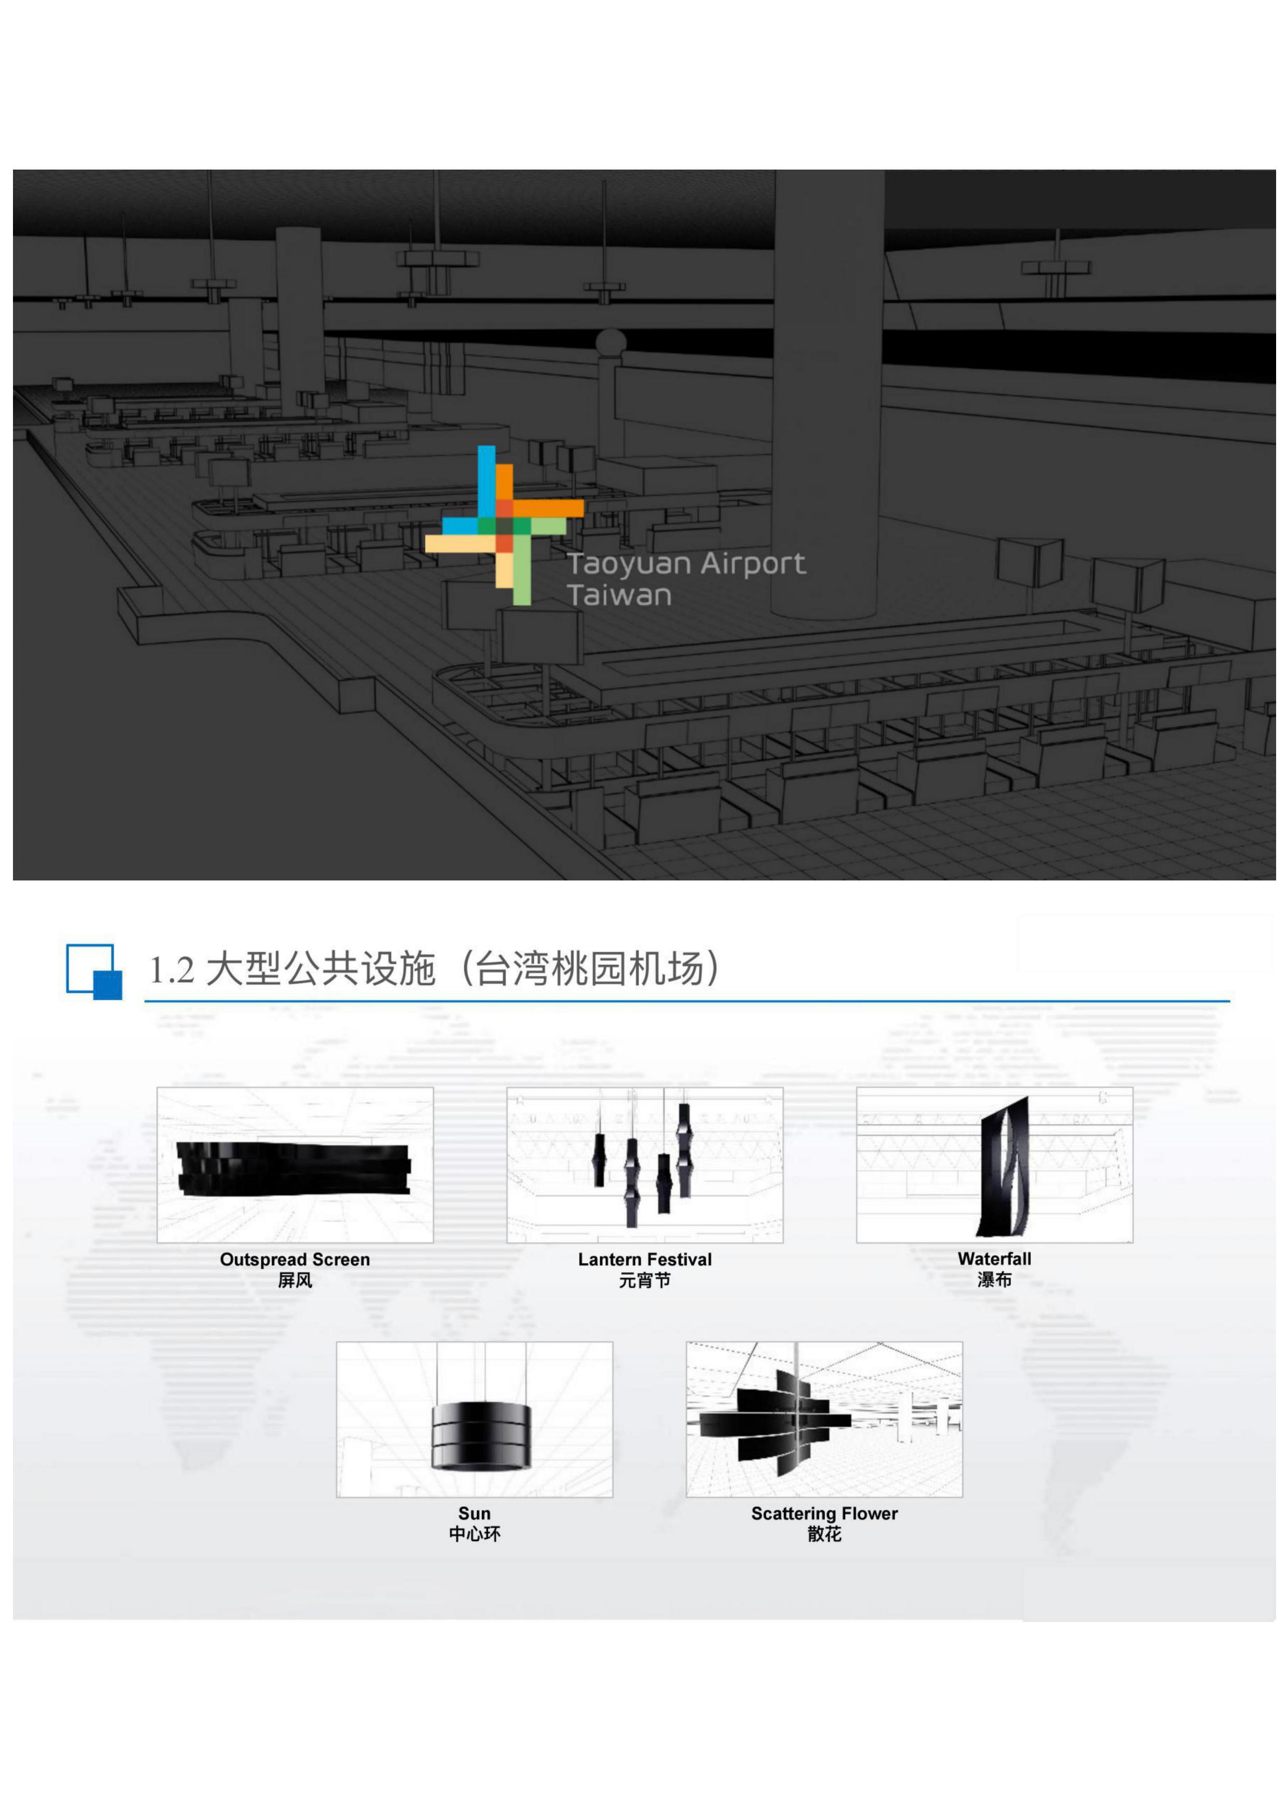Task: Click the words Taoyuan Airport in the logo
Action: click(x=686, y=564)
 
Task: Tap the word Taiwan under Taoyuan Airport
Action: click(x=619, y=595)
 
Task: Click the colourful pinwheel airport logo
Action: click(x=504, y=524)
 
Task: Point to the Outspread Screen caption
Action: click(x=295, y=1259)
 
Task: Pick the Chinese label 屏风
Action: click(x=295, y=1280)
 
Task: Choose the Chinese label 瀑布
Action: click(x=994, y=1280)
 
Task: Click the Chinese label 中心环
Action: click(x=474, y=1534)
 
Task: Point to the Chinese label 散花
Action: click(x=824, y=1534)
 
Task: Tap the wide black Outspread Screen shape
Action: click(x=293, y=1168)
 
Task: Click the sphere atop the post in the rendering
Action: click(x=611, y=343)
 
